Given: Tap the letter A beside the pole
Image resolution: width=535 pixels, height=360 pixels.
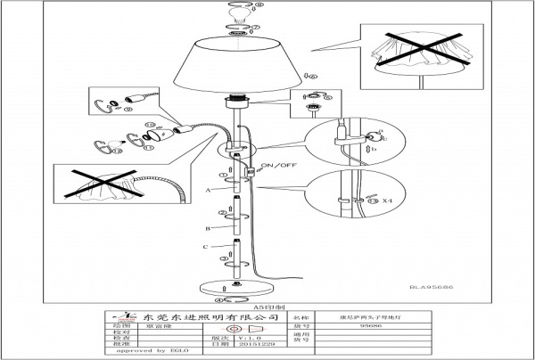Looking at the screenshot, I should [208, 191].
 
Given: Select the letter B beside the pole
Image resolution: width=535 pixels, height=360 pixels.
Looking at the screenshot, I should [208, 227].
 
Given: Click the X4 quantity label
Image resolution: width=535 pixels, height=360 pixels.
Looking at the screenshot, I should [387, 202].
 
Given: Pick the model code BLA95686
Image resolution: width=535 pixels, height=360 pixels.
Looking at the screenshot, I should [431, 286].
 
